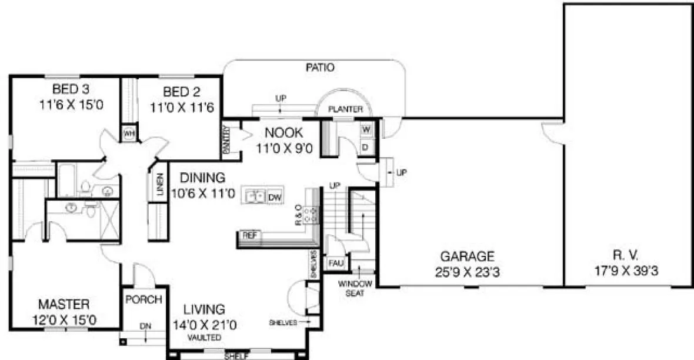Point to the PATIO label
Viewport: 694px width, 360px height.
[x=320, y=68]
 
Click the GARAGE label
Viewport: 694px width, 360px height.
[x=468, y=256]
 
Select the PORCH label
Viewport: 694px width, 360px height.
[x=144, y=300]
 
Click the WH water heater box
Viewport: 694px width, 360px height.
[x=129, y=134]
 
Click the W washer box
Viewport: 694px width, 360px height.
[x=365, y=129]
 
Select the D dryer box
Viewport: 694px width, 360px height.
[x=365, y=146]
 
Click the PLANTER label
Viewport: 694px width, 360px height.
[x=345, y=109]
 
